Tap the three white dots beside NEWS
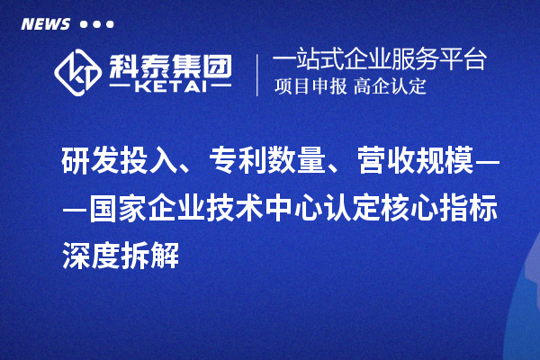click(97, 23)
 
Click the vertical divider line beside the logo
click(257, 74)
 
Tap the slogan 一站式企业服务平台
click(379, 60)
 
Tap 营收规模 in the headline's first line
click(417, 161)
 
